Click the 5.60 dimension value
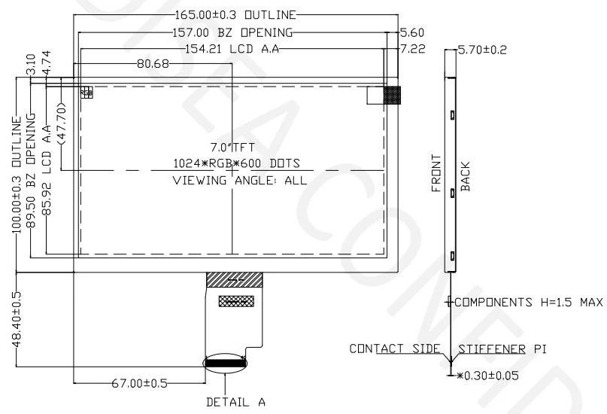(x=413, y=32)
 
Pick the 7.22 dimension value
(x=413, y=50)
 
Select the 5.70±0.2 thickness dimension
(x=482, y=50)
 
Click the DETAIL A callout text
(x=235, y=402)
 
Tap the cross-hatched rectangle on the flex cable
(x=234, y=301)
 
